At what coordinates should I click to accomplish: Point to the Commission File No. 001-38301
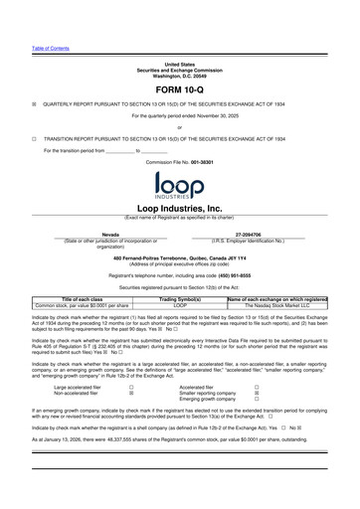[x=179, y=160]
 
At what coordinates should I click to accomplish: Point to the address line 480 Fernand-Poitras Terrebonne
[x=179, y=256]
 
